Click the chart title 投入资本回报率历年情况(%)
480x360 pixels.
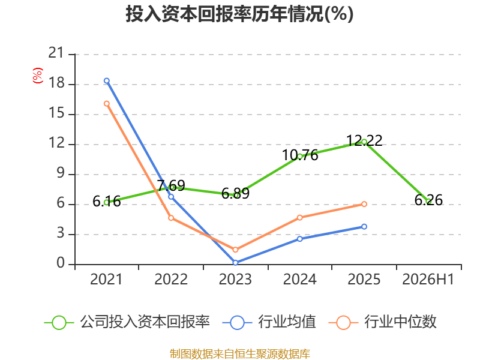pyautogui.click(x=239, y=14)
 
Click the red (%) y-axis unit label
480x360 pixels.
pyautogui.click(x=38, y=76)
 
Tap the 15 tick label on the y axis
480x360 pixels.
pyautogui.click(x=56, y=113)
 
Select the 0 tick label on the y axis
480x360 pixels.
pyautogui.click(x=61, y=263)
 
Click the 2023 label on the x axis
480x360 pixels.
pyautogui.click(x=235, y=279)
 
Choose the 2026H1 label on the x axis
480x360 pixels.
pyautogui.click(x=428, y=279)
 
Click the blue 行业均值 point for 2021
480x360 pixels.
pyautogui.click(x=107, y=81)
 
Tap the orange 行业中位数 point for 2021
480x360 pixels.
pyautogui.click(x=107, y=104)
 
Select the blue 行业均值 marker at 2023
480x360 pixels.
pyautogui.click(x=235, y=263)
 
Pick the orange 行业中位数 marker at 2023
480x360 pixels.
pyautogui.click(x=235, y=250)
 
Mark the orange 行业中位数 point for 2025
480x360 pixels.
pyautogui.click(x=364, y=204)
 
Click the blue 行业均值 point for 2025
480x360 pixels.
pyautogui.click(x=364, y=227)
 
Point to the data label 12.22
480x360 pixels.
pyautogui.click(x=364, y=141)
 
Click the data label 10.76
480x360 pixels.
pyautogui.click(x=300, y=155)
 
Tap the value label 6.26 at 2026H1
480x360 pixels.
pyautogui.click(x=428, y=200)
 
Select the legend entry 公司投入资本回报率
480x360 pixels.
pyautogui.click(x=127, y=322)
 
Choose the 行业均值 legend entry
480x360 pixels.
pyautogui.click(x=269, y=322)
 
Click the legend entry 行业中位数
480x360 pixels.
pyautogui.click(x=382, y=322)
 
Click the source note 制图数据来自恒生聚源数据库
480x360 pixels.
pyautogui.click(x=239, y=354)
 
